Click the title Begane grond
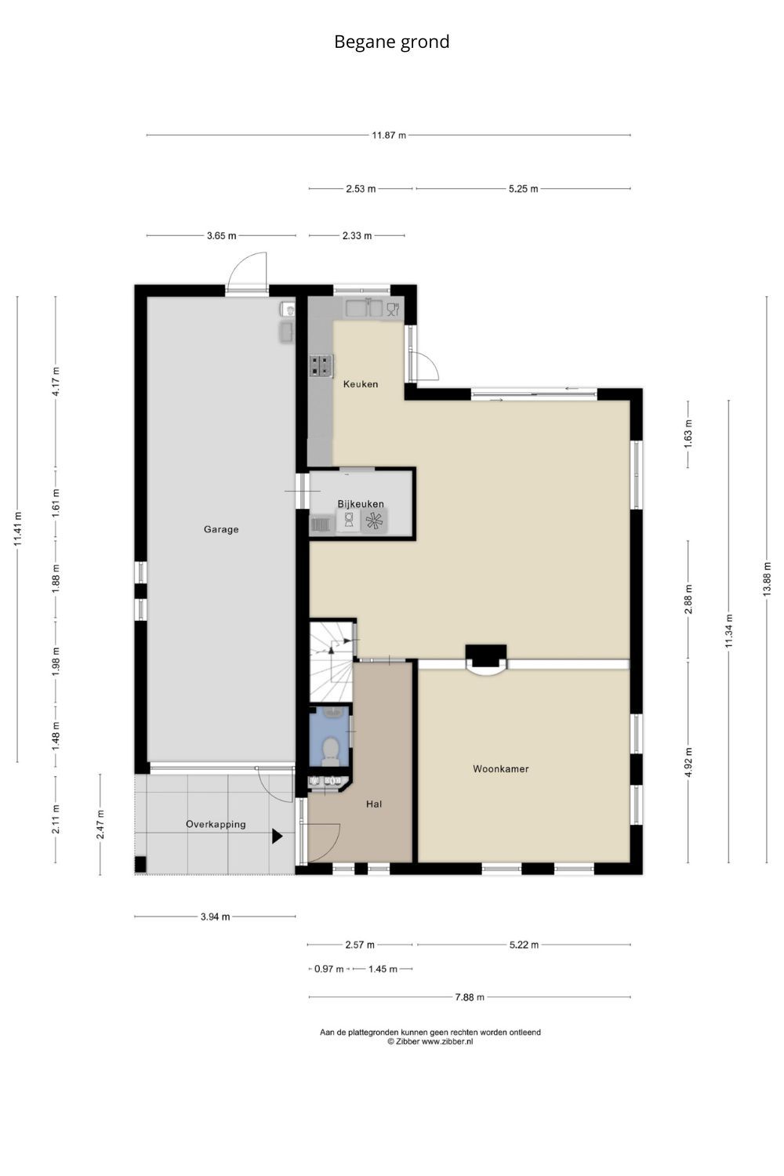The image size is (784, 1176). [392, 42]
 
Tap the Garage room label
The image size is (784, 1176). [221, 529]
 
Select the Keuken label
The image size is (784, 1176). [360, 384]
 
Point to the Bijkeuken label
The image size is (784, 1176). [360, 503]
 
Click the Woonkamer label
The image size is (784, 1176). [500, 768]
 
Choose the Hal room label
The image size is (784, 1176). [374, 804]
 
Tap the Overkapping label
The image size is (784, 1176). [216, 824]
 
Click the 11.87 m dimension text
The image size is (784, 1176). [389, 135]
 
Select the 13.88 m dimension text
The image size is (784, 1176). [767, 579]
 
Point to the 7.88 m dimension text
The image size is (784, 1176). [470, 997]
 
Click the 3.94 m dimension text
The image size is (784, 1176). [216, 916]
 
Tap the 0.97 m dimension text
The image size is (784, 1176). [328, 968]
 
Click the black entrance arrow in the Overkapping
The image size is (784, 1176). [277, 837]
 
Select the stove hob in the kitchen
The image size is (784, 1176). [321, 366]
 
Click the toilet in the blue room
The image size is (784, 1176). [330, 750]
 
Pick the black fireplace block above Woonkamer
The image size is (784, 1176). [486, 655]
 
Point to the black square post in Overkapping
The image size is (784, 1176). [140, 864]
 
